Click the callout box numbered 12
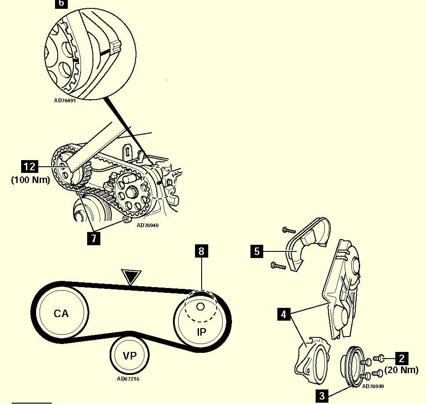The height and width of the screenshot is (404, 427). coord(30,167)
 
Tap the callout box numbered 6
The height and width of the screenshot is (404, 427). coord(61,4)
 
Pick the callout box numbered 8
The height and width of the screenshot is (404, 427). coord(201,251)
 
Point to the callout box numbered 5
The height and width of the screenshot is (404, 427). coord(257,252)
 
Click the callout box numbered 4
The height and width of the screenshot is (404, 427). coord(284,314)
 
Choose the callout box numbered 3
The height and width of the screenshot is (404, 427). coord(322,396)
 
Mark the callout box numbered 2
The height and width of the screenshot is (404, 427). coord(401,358)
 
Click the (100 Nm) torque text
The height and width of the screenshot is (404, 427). coord(30,180)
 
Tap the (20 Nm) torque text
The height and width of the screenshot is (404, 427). coord(401,370)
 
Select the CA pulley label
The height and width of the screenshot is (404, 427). coord(61,314)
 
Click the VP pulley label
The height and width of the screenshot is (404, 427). coord(129,355)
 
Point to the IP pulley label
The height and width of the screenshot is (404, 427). coord(201,332)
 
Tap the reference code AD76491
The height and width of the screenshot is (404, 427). coord(66,100)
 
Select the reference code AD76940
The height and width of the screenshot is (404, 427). coord(147,225)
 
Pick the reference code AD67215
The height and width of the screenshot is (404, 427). coord(129,378)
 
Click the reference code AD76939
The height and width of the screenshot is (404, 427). coord(373,386)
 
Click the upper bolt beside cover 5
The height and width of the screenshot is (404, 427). coord(288,230)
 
